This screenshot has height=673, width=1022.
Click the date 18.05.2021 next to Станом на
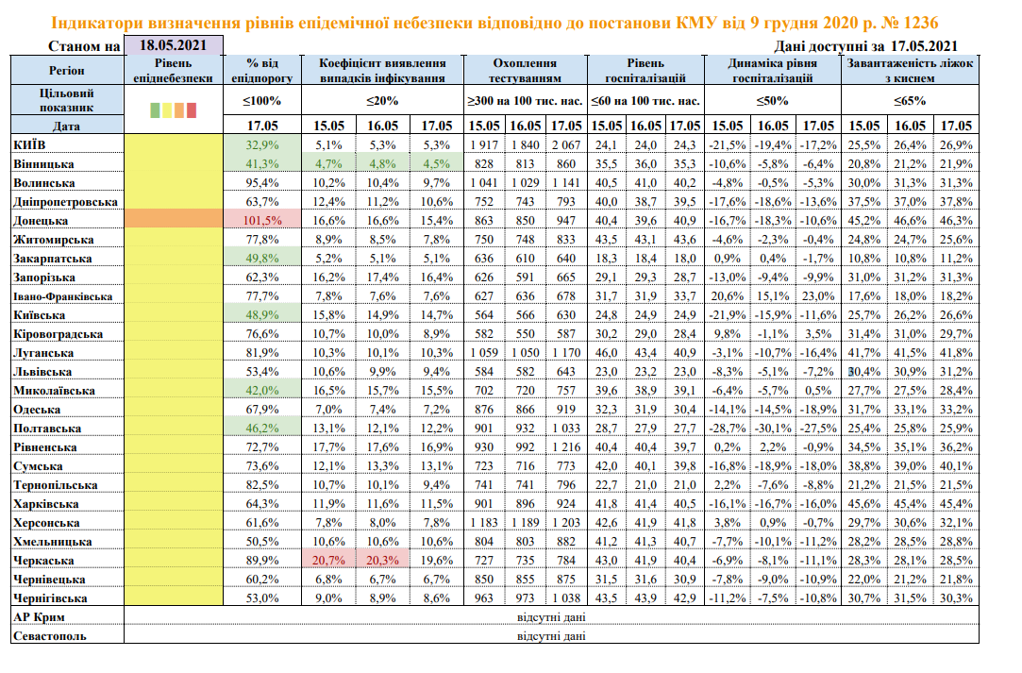coord(174,45)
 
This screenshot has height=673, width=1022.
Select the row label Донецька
coord(42,220)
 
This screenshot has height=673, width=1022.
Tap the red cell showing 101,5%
coord(263,220)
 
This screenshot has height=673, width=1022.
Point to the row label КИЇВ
coord(31,144)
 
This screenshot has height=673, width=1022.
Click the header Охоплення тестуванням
coord(526,70)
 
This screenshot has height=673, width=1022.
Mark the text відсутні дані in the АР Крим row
coord(551,617)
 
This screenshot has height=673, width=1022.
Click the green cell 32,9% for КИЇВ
coord(263,144)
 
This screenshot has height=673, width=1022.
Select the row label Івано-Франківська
coord(63,295)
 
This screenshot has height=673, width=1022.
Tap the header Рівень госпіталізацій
coord(645,70)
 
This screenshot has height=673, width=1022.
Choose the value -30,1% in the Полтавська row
coord(773,428)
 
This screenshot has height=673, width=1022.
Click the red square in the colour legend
coord(191,110)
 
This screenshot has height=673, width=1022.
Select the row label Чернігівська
coord(51,598)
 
